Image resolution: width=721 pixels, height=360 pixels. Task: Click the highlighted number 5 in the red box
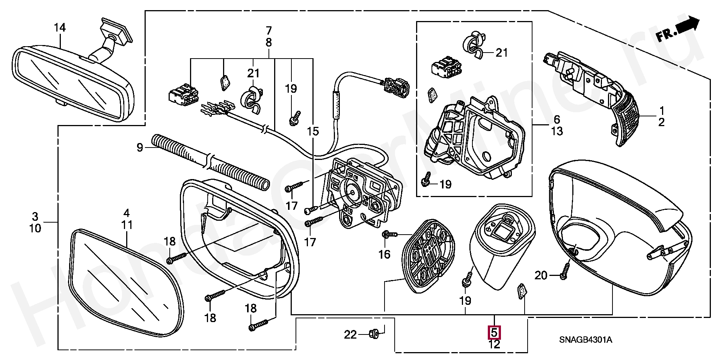click(x=494, y=332)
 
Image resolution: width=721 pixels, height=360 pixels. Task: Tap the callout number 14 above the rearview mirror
click(x=60, y=28)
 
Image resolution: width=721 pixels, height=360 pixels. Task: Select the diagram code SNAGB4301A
click(x=585, y=340)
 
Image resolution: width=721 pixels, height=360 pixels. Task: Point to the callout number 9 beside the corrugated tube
click(x=140, y=148)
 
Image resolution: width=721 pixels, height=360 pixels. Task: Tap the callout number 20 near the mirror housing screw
click(x=541, y=276)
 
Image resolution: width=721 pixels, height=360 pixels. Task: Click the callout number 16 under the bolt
click(x=384, y=255)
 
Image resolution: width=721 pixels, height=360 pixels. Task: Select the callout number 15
click(x=312, y=131)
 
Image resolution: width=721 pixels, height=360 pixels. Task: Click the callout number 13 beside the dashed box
click(x=557, y=131)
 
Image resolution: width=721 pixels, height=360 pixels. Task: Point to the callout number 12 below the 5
click(x=494, y=344)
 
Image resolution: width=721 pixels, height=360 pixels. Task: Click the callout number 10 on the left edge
click(x=35, y=228)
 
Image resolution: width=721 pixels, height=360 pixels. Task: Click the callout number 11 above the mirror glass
click(x=127, y=225)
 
